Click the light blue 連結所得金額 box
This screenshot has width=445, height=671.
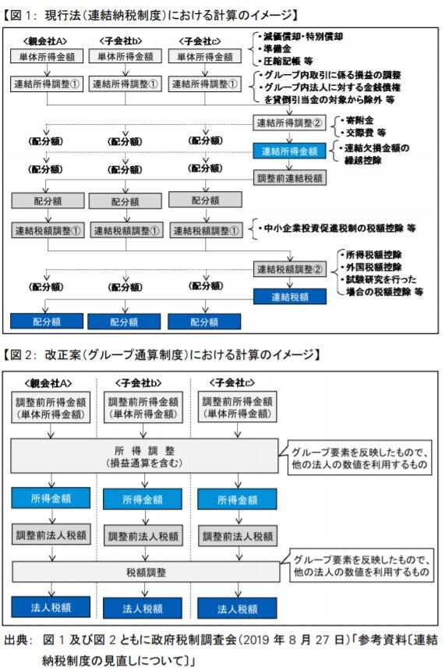(289, 151)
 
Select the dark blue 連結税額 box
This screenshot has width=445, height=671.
(289, 296)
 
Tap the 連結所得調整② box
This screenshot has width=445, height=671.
(289, 123)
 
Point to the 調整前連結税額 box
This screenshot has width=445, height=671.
(289, 178)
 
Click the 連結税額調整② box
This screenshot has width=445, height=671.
(289, 269)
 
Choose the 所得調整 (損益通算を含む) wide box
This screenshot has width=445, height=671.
(144, 456)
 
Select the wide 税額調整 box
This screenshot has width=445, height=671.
(145, 572)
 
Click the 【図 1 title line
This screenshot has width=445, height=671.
(150, 16)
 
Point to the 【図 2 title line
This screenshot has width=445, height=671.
(161, 355)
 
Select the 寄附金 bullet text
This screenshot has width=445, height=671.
(358, 120)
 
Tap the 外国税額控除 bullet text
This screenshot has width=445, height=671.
(371, 267)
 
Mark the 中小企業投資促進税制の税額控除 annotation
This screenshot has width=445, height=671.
(337, 228)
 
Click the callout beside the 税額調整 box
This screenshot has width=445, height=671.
(362, 566)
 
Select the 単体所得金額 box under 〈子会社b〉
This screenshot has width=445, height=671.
(125, 56)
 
